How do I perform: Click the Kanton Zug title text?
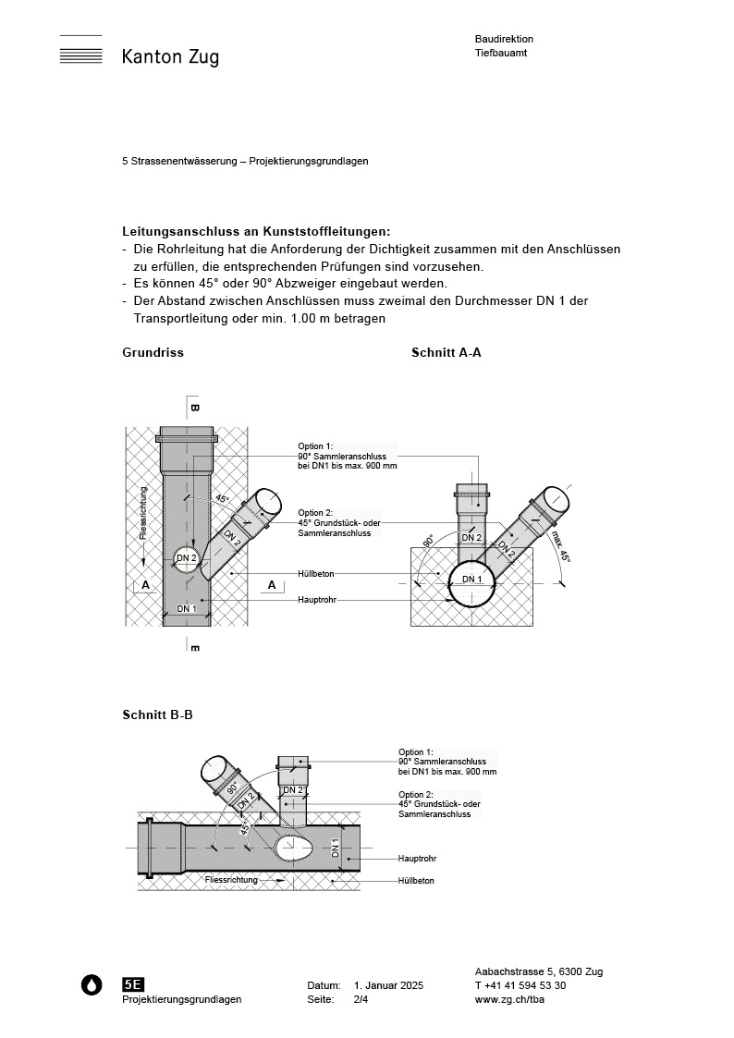[170, 57]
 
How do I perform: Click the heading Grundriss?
[153, 353]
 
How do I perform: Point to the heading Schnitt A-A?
[446, 353]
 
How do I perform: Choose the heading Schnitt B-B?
[157, 715]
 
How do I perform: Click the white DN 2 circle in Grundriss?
[187, 557]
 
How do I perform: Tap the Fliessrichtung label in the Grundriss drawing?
[142, 513]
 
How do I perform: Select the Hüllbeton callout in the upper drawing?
[316, 573]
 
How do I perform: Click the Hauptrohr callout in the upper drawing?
[317, 600]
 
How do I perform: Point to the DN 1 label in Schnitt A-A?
[471, 580]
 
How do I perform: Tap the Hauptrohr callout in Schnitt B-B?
[417, 859]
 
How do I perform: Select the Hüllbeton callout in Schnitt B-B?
[416, 881]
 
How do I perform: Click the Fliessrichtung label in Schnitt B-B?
[231, 880]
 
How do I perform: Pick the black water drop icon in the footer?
[92, 985]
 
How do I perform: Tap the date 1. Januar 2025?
[388, 986]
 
